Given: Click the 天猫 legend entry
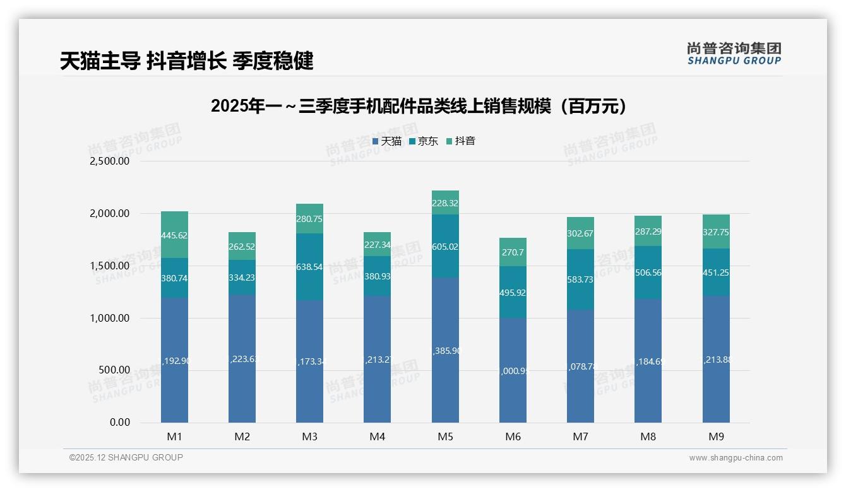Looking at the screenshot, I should click(387, 141).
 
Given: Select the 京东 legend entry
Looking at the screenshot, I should click(424, 141).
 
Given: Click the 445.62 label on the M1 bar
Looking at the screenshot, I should click(174, 235).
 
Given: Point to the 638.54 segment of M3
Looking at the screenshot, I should click(309, 267).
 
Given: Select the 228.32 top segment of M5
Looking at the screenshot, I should click(445, 202).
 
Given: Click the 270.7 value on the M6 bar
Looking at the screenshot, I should click(513, 252).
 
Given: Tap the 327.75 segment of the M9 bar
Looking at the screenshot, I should click(716, 232).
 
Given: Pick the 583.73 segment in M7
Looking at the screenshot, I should click(580, 279).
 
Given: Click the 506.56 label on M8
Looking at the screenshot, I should click(648, 272).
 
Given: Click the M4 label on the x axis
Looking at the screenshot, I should click(377, 436).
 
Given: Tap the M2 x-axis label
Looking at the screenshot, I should click(242, 436).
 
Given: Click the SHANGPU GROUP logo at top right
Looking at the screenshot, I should click(734, 54).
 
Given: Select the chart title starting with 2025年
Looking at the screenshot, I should click(420, 106).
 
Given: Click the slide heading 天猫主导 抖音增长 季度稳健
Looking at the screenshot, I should click(187, 61).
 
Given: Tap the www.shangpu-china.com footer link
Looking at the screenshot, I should click(736, 458).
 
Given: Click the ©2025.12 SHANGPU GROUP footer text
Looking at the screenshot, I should click(126, 457).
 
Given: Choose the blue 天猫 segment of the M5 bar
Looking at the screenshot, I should click(445, 350).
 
